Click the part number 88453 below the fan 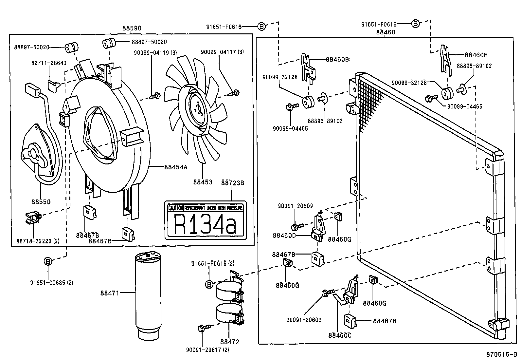click(203, 182)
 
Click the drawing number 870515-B click(501, 354)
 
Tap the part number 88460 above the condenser click(386, 32)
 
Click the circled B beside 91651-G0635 click(48, 261)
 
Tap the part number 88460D click(284, 235)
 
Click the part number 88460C click(340, 335)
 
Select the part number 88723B click(232, 183)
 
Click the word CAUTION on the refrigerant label click(175, 208)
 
